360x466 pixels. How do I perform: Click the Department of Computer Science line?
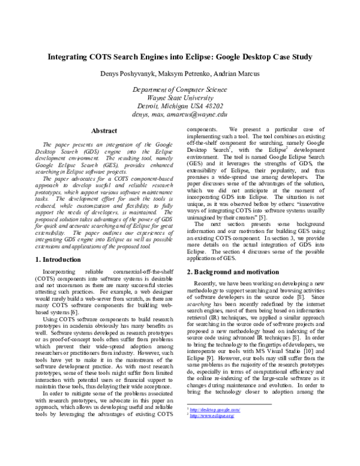click(x=180, y=89)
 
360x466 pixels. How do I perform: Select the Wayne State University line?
click(x=180, y=97)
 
